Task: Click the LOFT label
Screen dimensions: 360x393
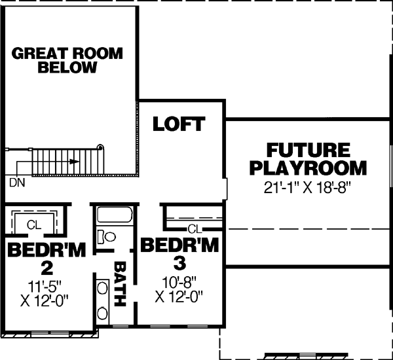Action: [x=179, y=124]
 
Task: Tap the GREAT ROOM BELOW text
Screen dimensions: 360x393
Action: [x=67, y=60]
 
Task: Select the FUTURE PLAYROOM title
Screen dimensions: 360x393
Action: [x=307, y=158]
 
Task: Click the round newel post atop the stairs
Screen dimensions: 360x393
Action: [x=100, y=147]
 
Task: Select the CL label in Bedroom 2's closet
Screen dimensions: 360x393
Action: [x=34, y=225]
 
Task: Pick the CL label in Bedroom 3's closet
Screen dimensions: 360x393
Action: [x=193, y=228]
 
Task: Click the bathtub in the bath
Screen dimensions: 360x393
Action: [x=115, y=215]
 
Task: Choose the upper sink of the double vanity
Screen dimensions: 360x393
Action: [x=103, y=287]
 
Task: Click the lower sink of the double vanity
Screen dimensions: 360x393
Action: [x=103, y=312]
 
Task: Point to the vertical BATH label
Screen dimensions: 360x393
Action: [x=121, y=285]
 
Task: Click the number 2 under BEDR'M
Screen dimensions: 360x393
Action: [x=46, y=267]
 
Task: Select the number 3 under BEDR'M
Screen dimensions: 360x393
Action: [x=179, y=263]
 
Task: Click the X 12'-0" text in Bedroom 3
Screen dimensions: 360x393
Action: [x=179, y=296]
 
